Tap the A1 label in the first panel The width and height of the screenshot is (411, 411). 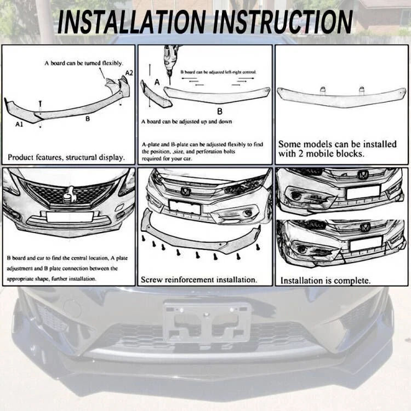(x=19, y=125)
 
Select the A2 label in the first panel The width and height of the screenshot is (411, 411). (x=129, y=73)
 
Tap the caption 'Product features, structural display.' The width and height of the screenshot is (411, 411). (x=66, y=157)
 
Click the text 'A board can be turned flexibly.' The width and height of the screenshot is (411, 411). (x=83, y=64)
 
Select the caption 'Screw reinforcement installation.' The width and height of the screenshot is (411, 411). (x=198, y=279)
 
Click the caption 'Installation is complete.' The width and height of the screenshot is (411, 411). (x=325, y=281)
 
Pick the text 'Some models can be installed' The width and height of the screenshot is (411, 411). (x=337, y=144)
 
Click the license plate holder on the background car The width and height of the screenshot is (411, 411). (x=207, y=322)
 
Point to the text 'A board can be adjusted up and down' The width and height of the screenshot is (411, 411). (x=186, y=122)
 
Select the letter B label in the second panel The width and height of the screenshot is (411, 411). (x=219, y=110)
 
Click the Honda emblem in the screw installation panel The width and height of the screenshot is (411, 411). (x=186, y=192)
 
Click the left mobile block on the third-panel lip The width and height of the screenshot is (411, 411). (x=322, y=89)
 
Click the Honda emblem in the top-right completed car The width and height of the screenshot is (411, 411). (x=363, y=175)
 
